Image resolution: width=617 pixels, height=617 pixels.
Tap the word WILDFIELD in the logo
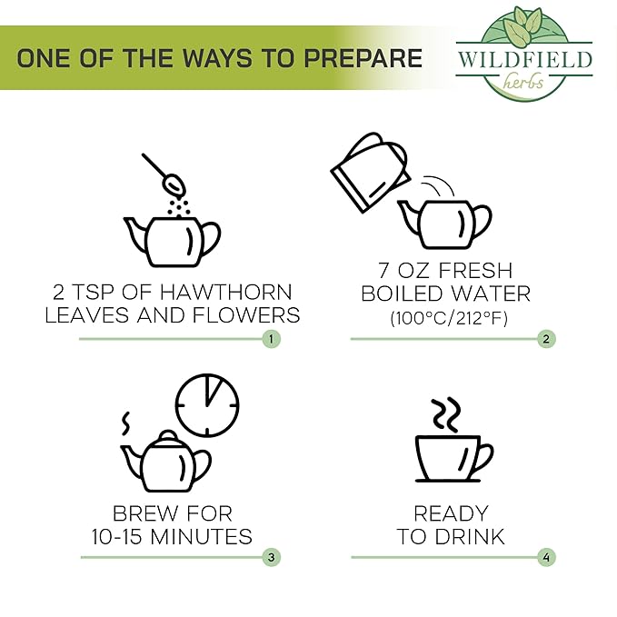tap(524, 59)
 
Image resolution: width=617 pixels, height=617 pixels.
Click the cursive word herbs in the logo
tap(523, 82)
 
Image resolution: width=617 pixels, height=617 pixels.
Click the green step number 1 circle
tap(272, 339)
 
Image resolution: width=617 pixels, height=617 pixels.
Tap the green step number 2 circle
tap(546, 339)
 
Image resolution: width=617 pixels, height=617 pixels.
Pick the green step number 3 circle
tap(272, 557)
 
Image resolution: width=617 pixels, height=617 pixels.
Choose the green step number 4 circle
tap(546, 557)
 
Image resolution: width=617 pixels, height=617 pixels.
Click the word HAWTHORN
tap(226, 292)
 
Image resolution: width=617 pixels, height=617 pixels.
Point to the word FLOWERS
tap(246, 315)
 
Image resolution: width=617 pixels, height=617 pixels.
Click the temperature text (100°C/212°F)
tap(449, 318)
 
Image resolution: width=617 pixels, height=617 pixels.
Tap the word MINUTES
tap(201, 536)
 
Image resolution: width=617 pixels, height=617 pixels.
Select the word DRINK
tap(470, 536)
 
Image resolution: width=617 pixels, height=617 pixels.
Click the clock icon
tap(207, 405)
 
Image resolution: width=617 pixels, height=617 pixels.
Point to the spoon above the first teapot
tap(164, 174)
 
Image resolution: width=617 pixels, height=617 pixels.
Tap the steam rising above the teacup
tap(446, 415)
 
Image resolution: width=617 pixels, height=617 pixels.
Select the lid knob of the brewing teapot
tap(168, 435)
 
